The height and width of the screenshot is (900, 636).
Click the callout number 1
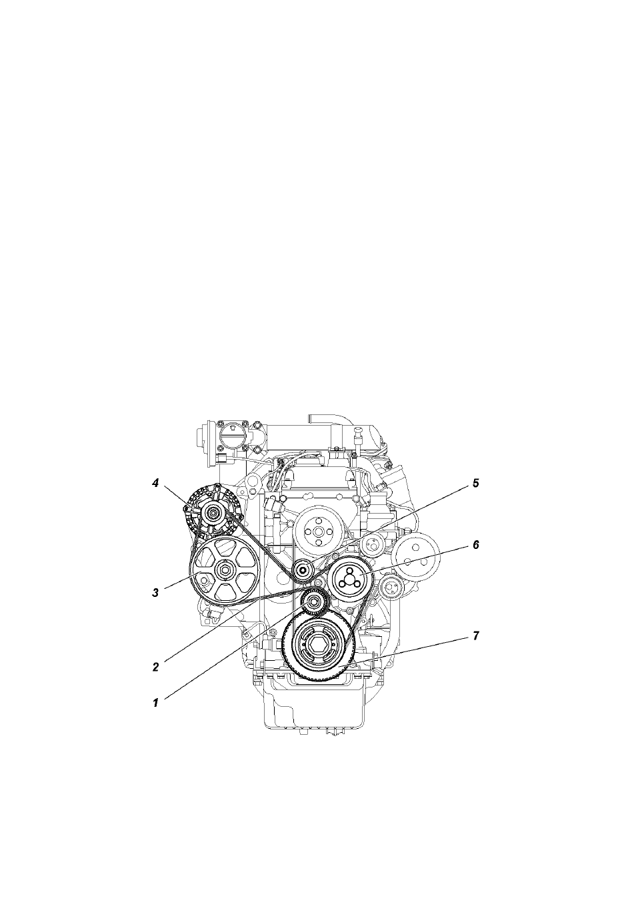(155, 703)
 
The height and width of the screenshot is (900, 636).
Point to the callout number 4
(155, 484)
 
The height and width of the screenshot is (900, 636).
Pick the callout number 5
(475, 484)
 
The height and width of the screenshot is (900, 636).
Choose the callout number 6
(475, 545)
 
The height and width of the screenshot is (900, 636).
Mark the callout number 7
(475, 636)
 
